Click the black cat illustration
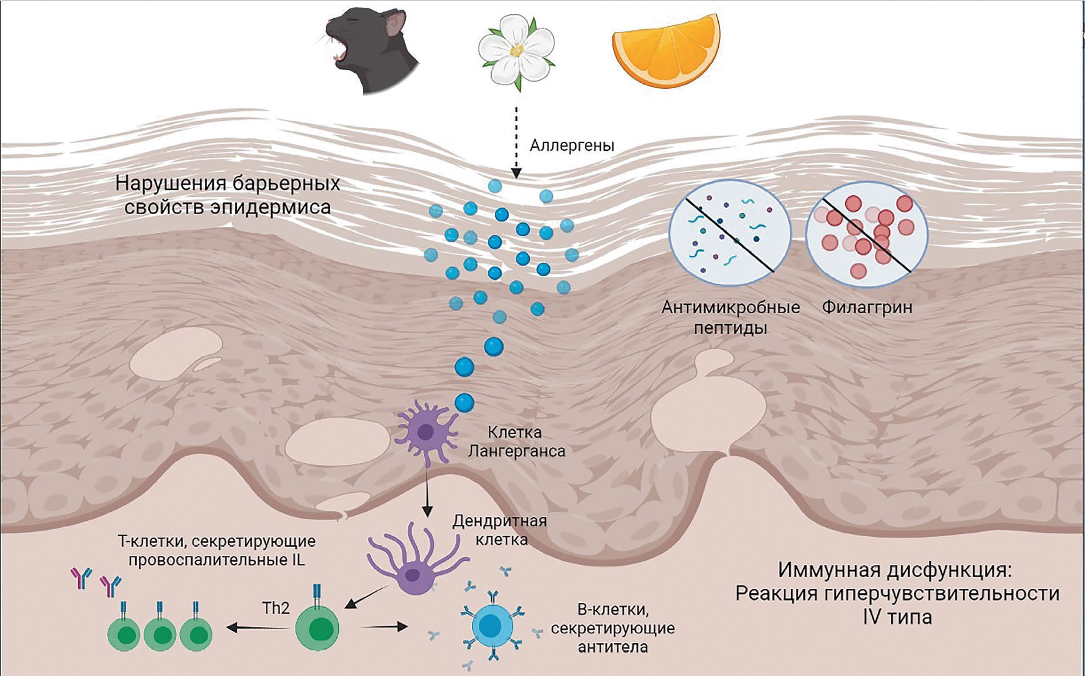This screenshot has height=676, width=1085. click(x=371, y=51)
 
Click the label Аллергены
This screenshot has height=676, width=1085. click(x=572, y=145)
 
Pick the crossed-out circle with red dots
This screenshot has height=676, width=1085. click(x=867, y=234)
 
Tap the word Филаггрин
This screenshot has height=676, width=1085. click(x=867, y=307)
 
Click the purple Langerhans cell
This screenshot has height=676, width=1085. click(x=426, y=432)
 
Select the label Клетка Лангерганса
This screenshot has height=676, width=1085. click(x=516, y=442)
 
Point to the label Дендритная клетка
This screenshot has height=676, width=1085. click(x=500, y=529)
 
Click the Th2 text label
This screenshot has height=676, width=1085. click(x=276, y=608)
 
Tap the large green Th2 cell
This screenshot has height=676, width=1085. click(x=317, y=628)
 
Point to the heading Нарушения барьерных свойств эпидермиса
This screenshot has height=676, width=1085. click(x=228, y=195)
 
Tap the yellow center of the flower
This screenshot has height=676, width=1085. click(x=517, y=51)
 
